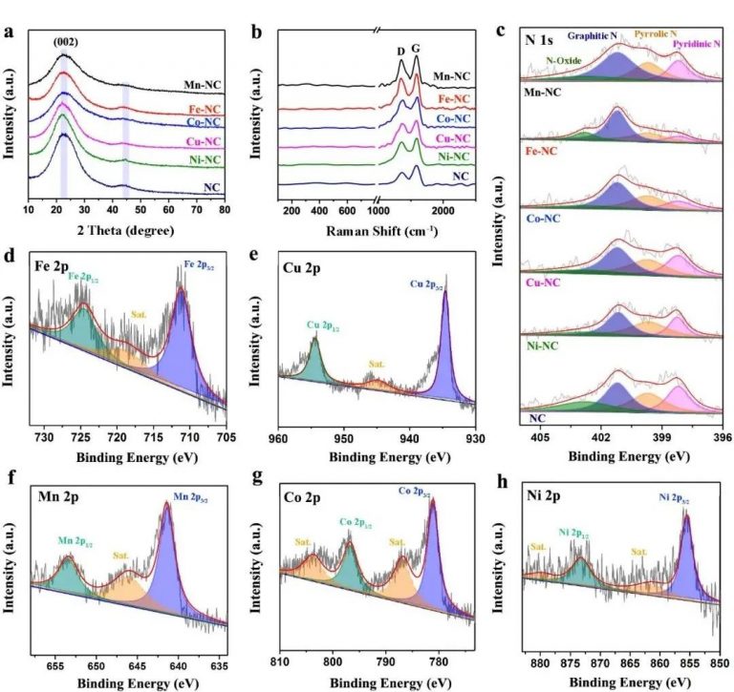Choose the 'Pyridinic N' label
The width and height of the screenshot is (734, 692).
[699, 45]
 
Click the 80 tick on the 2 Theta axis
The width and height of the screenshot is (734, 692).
[224, 209]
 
